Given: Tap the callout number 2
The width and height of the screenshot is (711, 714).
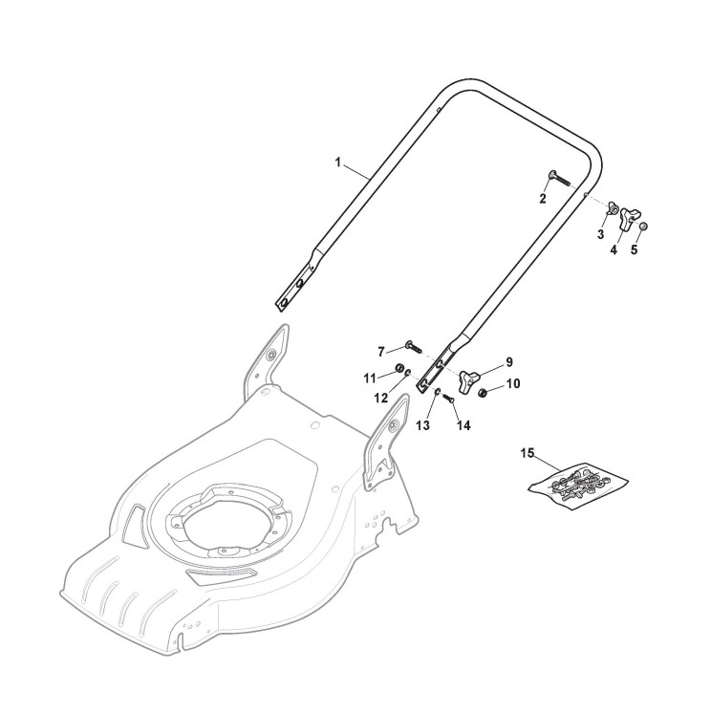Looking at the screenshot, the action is tap(543, 199).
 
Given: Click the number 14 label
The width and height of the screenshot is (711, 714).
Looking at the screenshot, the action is tap(464, 425).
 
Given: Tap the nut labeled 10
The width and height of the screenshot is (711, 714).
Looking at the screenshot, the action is tap(485, 393).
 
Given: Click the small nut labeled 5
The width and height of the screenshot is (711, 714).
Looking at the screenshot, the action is tap(644, 226).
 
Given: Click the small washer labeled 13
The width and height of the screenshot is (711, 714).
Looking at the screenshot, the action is tap(434, 393).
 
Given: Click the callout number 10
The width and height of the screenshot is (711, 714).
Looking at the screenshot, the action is tap(513, 384).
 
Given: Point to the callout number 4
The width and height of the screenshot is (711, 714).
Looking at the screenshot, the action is tap(614, 250).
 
